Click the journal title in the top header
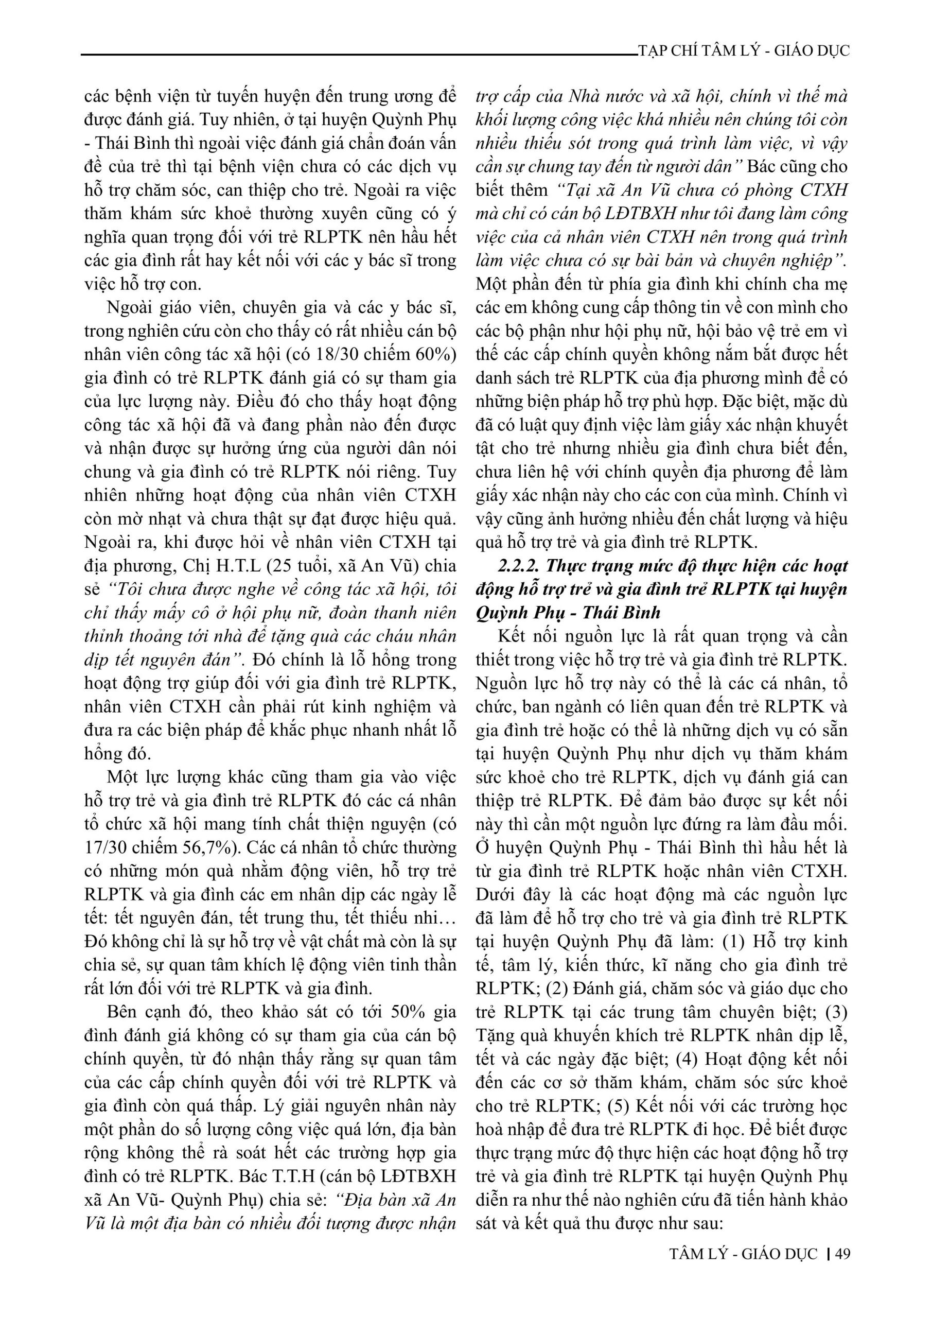pyautogui.click(x=744, y=50)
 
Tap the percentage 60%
pyautogui.click(x=434, y=355)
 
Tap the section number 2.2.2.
pyautogui.click(x=519, y=566)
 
